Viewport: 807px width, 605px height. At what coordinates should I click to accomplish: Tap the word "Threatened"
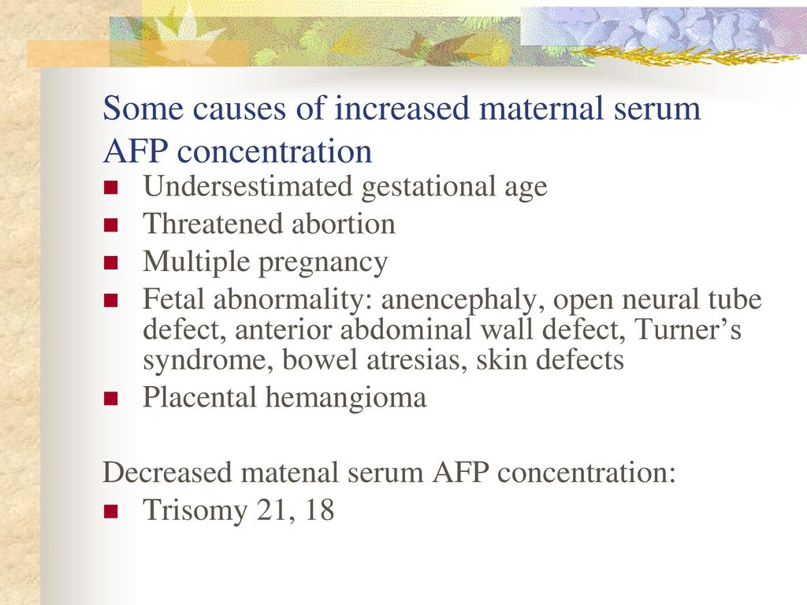pyautogui.click(x=213, y=224)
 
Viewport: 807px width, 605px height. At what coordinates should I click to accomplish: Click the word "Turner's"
pyautogui.click(x=687, y=328)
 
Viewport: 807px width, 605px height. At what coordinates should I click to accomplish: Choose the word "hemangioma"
pyautogui.click(x=346, y=398)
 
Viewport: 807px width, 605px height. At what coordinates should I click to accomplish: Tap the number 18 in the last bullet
pyautogui.click(x=319, y=510)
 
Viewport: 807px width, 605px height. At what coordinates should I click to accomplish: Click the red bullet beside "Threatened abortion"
pyautogui.click(x=110, y=225)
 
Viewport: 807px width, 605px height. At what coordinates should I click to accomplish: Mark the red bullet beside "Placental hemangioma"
pyautogui.click(x=110, y=399)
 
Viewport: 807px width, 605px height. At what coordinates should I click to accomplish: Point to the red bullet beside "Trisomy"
pyautogui.click(x=110, y=511)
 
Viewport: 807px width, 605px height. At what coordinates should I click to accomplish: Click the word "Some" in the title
pyautogui.click(x=143, y=109)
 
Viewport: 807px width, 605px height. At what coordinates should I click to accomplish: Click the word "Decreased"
pyautogui.click(x=167, y=473)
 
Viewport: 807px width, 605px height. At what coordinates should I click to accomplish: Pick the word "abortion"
pyautogui.click(x=344, y=224)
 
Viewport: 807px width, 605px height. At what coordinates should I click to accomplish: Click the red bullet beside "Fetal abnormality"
pyautogui.click(x=110, y=300)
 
